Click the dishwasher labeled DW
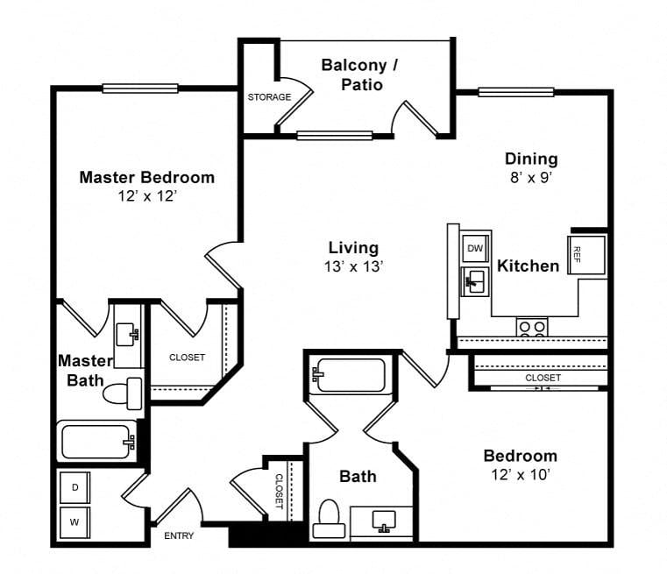[x=476, y=248]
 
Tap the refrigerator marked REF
[x=587, y=255]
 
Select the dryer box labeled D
[x=75, y=487]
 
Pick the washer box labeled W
[x=75, y=522]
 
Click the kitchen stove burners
[x=532, y=328]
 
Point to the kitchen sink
[x=476, y=281]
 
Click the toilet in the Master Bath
[x=123, y=393]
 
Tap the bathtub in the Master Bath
[x=97, y=442]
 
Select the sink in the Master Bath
[x=127, y=335]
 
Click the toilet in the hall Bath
[x=329, y=519]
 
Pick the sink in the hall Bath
[x=384, y=521]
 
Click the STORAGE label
[x=270, y=97]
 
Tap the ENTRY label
[x=179, y=535]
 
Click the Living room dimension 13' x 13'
[x=354, y=266]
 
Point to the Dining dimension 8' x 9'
[x=531, y=177]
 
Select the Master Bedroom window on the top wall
[x=140, y=89]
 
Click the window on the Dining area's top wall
[x=516, y=92]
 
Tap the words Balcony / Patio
[x=361, y=74]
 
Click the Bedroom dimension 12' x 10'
[x=522, y=474]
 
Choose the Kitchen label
[x=529, y=266]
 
